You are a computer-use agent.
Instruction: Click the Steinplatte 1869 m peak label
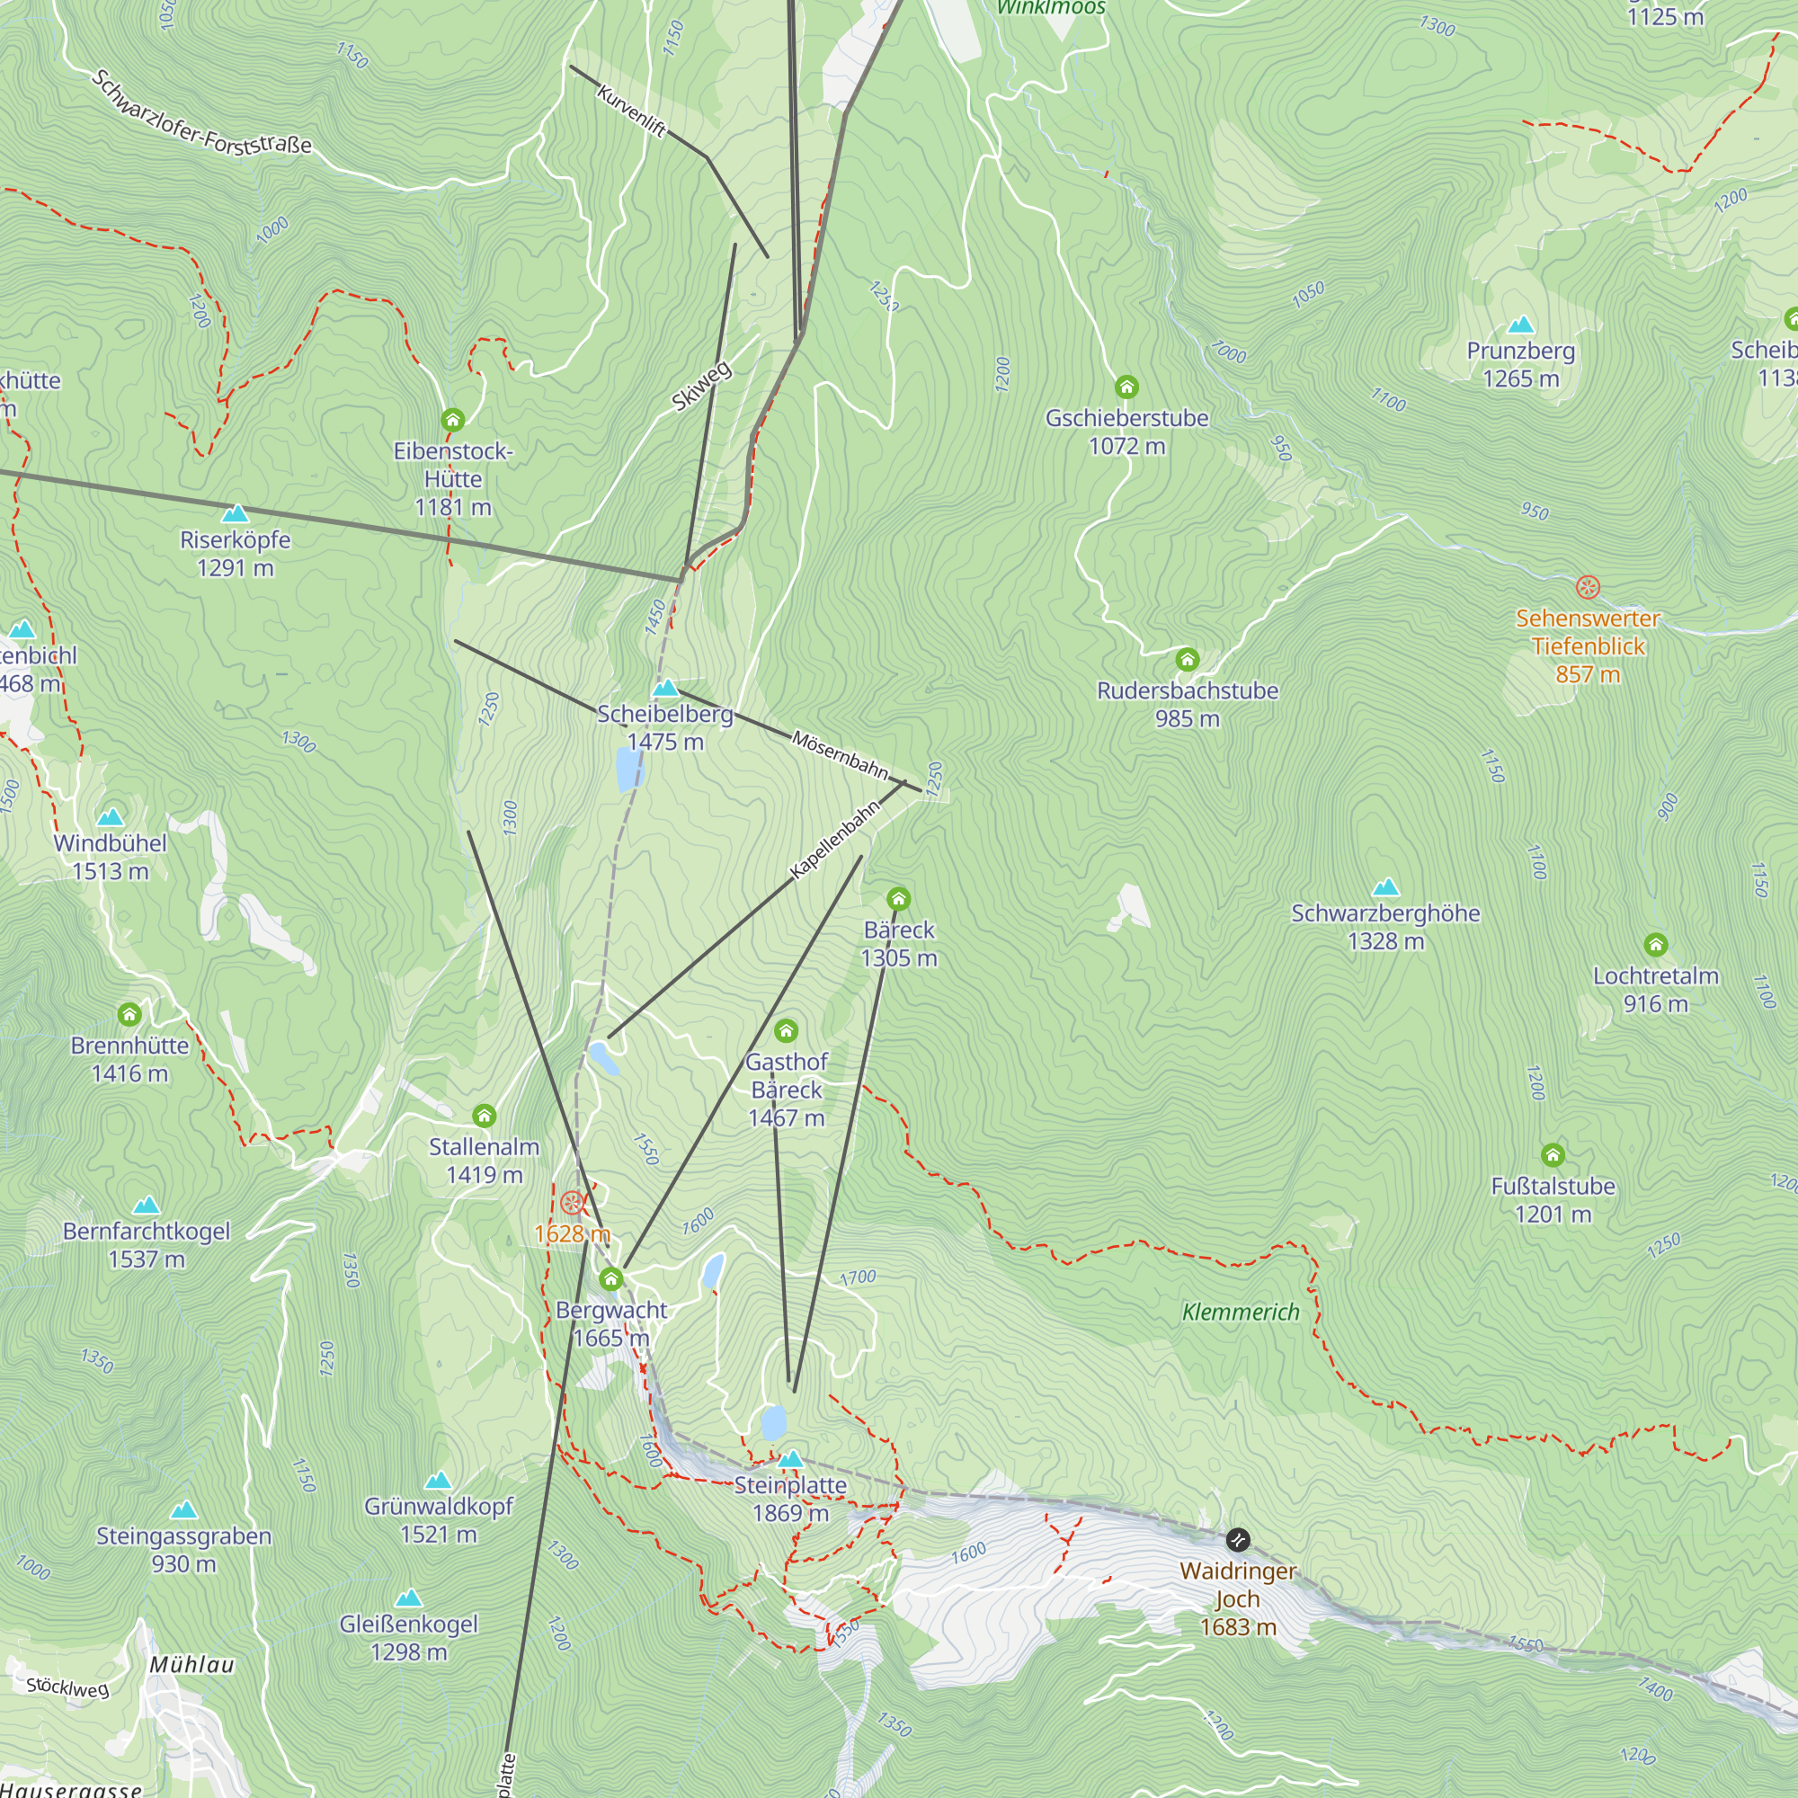(790, 1500)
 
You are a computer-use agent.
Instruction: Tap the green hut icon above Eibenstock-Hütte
(452, 420)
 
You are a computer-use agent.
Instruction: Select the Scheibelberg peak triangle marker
(665, 689)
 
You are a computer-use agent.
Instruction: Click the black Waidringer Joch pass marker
(1237, 1539)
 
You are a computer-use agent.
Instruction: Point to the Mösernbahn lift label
(840, 754)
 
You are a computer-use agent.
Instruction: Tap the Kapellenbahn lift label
(834, 840)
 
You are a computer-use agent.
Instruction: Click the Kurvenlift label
(631, 111)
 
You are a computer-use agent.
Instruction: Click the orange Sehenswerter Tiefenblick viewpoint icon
(1588, 587)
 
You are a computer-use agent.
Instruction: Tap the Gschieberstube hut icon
(1126, 387)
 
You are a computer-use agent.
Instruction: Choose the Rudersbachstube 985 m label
(1187, 705)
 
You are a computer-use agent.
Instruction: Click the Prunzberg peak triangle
(1521, 325)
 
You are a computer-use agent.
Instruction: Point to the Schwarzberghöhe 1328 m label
(1384, 927)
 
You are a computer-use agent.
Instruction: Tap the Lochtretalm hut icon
(1655, 945)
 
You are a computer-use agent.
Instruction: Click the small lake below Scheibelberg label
(629, 769)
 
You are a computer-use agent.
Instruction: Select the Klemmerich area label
(1240, 1313)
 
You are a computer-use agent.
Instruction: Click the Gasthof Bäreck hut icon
(787, 1030)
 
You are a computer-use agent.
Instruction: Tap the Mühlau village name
(191, 1665)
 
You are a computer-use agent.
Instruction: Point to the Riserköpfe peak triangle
(236, 513)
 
